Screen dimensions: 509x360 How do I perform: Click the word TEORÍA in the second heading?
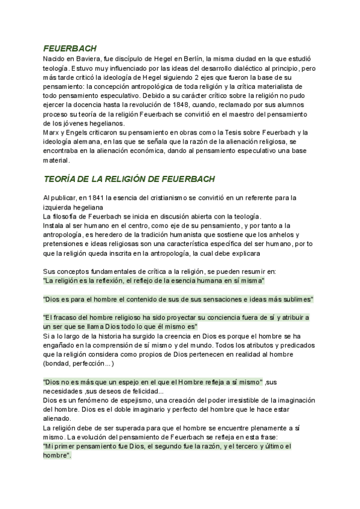click(x=62, y=179)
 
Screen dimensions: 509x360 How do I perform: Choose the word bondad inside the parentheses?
click(x=61, y=363)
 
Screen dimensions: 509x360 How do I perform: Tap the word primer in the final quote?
click(x=70, y=446)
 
